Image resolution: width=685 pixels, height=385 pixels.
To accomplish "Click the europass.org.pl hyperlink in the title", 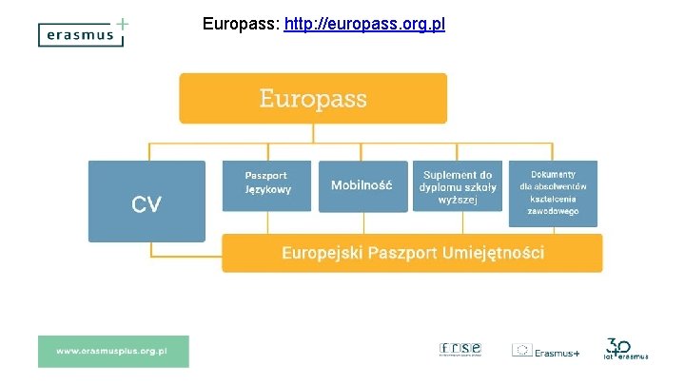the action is pos(363,23).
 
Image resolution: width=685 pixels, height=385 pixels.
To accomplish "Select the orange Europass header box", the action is pos(312,98).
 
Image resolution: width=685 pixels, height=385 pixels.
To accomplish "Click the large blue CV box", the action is pos(147,201).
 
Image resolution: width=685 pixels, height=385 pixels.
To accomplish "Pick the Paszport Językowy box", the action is pos(266,184).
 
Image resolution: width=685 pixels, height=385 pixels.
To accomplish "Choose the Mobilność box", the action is pos(362,185).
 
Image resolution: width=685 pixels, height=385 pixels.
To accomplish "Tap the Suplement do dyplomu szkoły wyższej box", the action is pos(457,187).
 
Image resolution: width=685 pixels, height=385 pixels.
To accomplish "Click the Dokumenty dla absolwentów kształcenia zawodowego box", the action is pos(554,193).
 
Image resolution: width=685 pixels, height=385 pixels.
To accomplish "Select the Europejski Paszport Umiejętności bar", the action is pos(412,253).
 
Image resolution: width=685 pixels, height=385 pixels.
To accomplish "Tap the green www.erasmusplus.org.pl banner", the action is pos(113,351).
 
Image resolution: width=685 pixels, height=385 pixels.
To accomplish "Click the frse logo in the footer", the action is pos(460,349).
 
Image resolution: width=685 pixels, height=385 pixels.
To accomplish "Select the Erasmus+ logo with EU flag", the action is pos(545,351).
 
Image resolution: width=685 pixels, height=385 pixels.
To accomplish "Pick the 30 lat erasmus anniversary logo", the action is pos(626,349).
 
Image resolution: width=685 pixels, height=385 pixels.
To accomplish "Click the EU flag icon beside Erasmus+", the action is pos(522,351).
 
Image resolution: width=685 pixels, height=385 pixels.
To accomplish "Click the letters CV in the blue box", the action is pos(147,203).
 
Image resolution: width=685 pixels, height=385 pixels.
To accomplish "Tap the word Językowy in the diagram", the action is pos(266,190).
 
